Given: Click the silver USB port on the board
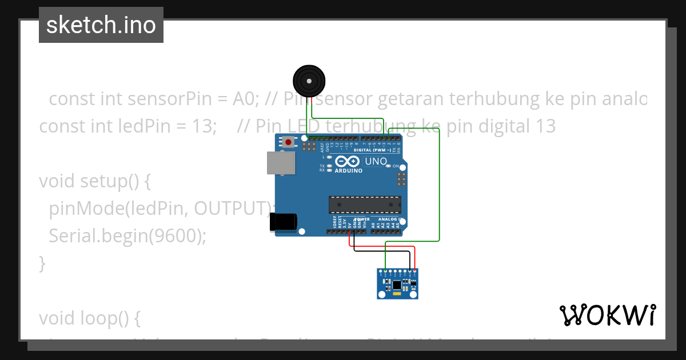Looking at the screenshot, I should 281,163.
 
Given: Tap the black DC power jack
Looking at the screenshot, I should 284,222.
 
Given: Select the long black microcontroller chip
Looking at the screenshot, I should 365,205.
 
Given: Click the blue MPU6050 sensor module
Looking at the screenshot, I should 398,283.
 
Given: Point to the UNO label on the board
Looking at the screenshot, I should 376,162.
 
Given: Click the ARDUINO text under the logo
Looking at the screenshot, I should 348,171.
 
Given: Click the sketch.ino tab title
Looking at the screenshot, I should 101,25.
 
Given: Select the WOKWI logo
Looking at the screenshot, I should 607,315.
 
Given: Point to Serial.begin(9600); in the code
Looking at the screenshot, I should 127,235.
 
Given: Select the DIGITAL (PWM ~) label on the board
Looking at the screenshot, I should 373,150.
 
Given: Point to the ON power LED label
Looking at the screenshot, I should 396,166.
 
